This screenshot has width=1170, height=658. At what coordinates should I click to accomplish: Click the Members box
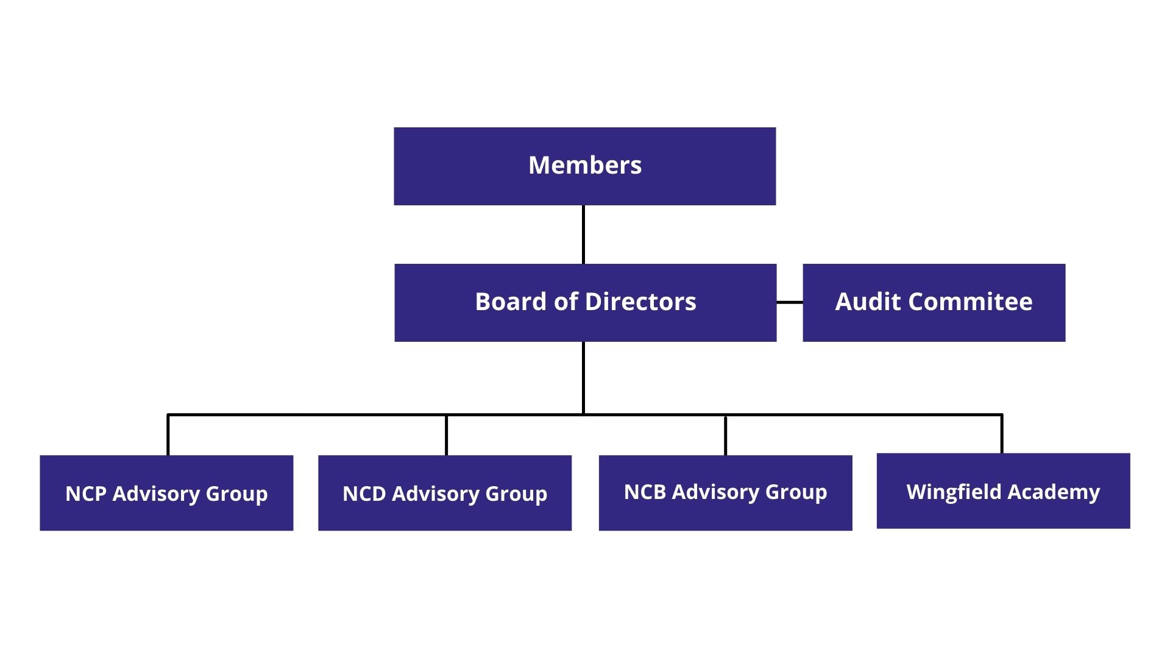(585, 166)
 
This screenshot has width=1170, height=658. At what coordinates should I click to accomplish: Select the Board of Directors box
(585, 302)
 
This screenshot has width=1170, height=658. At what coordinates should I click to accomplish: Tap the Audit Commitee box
(934, 302)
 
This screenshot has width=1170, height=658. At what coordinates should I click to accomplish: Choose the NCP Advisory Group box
(166, 493)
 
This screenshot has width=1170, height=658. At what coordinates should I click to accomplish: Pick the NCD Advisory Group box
(445, 493)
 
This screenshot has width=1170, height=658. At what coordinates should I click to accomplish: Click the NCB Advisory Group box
(725, 493)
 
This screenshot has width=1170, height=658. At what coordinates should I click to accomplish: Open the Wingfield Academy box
(1003, 491)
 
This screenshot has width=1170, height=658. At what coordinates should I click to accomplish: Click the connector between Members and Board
(583, 235)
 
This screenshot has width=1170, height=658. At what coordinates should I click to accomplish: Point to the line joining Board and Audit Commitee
(790, 302)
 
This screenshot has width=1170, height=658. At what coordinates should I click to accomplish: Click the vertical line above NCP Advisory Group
(168, 435)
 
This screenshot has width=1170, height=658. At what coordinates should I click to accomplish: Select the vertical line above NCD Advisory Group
(446, 435)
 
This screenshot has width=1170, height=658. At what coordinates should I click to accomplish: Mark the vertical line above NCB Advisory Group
(725, 435)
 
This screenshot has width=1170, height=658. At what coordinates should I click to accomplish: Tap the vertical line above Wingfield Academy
(1002, 434)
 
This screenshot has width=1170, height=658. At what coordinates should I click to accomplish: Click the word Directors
(640, 302)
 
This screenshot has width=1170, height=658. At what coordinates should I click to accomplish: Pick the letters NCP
(86, 493)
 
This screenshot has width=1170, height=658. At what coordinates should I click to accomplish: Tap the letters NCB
(645, 492)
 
